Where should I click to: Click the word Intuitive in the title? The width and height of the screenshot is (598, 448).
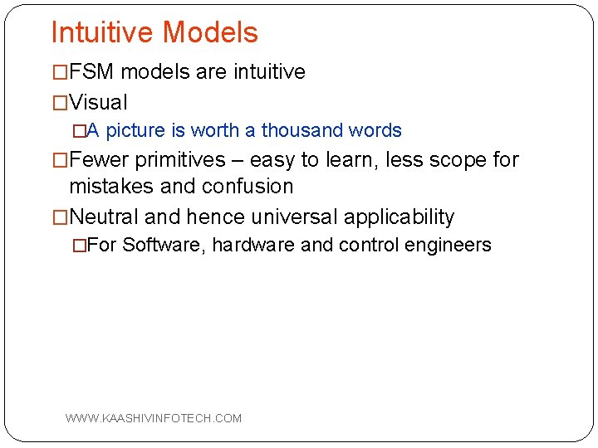103,32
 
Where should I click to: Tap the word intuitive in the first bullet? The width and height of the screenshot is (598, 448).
270,72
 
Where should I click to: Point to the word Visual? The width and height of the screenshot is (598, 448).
98,103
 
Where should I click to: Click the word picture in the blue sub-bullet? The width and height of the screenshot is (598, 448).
136,131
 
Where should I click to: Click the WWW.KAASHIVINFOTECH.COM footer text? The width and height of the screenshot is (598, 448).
154,418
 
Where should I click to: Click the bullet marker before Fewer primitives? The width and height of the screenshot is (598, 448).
60,159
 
